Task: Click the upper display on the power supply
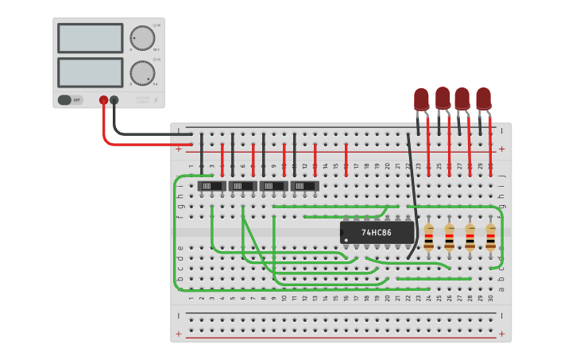coord(90,38)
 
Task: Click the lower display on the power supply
coord(90,72)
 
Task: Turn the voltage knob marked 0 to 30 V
coord(141,38)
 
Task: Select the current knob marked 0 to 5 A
coord(141,72)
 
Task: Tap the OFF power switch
coord(70,100)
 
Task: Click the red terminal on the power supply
coord(103,100)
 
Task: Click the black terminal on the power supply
coord(114,100)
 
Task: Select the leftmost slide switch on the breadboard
coord(211,185)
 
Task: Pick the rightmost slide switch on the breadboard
coord(304,185)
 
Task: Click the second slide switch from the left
coord(242,185)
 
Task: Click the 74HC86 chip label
coord(377,232)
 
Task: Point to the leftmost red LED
coord(421,99)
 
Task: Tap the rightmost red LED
coord(483,99)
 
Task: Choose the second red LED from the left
coord(443,99)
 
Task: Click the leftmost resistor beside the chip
coord(429,237)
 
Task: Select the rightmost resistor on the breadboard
coord(490,237)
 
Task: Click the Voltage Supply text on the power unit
coord(142,99)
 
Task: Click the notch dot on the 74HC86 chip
coord(346,239)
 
